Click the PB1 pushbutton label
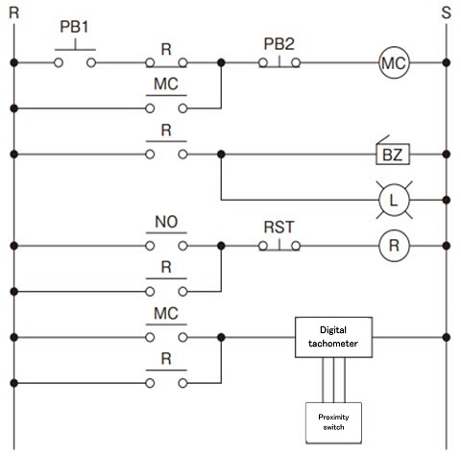[x=74, y=28]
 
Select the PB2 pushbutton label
[x=278, y=44]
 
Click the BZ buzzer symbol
[x=391, y=153]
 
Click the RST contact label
[x=278, y=228]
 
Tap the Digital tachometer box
[x=333, y=338]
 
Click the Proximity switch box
[x=331, y=419]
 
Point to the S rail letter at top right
[x=446, y=12]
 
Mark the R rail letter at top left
[x=12, y=12]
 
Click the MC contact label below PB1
[x=165, y=84]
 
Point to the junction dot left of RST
[x=222, y=245]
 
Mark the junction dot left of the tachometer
[x=222, y=337]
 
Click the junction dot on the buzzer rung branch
[x=222, y=153]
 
